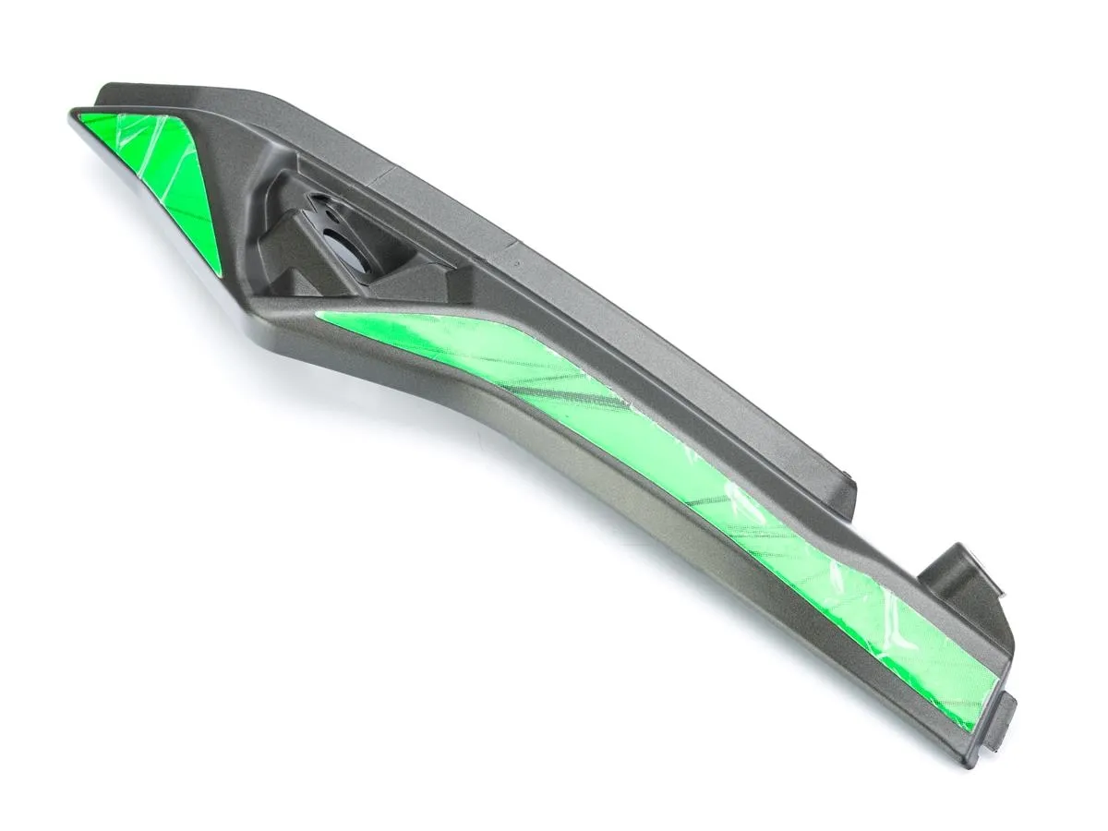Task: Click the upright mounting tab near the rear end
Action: click(965, 572)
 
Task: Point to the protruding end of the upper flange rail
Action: click(845, 485)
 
